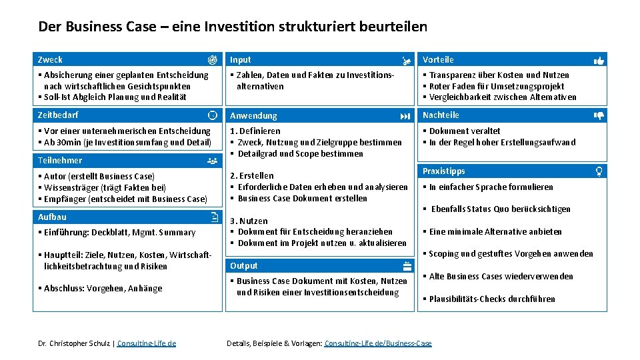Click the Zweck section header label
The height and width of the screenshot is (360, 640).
50,59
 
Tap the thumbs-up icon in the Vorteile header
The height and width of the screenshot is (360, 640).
599,60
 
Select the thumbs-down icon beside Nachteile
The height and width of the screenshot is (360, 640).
599,115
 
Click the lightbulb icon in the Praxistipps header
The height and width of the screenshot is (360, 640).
599,171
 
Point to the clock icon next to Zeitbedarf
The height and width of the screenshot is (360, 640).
213,115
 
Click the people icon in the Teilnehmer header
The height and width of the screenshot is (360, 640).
213,161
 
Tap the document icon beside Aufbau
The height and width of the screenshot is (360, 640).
213,217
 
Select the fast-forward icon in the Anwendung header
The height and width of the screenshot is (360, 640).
405,116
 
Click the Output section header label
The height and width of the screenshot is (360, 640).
244,265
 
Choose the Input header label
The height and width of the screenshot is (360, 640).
241,59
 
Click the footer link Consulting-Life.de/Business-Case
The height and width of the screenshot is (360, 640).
378,343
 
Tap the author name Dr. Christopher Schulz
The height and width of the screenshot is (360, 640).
75,343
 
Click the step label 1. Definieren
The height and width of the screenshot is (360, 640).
255,131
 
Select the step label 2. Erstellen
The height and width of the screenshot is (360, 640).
251,176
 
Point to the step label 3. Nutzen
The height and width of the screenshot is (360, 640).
249,221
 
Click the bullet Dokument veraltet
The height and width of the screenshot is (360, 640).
464,131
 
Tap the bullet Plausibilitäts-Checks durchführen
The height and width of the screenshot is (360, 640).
492,299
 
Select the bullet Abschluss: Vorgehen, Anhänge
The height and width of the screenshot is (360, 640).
103,288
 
